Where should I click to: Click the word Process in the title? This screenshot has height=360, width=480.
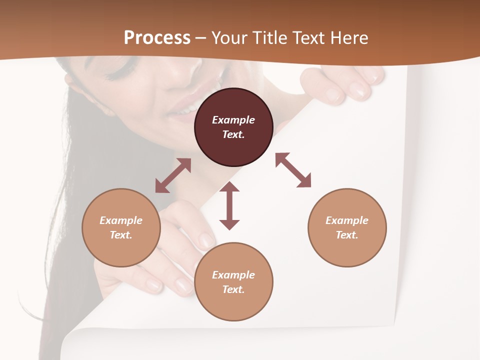[x=157, y=38]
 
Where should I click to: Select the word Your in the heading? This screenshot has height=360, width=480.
[x=229, y=38]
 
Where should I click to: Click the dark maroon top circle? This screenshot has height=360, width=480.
[x=233, y=145]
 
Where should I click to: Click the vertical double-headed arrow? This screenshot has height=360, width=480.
[x=229, y=205]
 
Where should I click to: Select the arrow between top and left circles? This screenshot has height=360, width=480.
[x=173, y=175]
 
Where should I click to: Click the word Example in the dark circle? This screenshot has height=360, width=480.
[x=233, y=120]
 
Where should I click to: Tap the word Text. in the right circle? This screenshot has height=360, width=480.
[x=347, y=235]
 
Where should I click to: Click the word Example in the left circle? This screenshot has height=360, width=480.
[x=121, y=220]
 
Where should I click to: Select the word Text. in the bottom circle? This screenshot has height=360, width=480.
[x=233, y=289]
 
